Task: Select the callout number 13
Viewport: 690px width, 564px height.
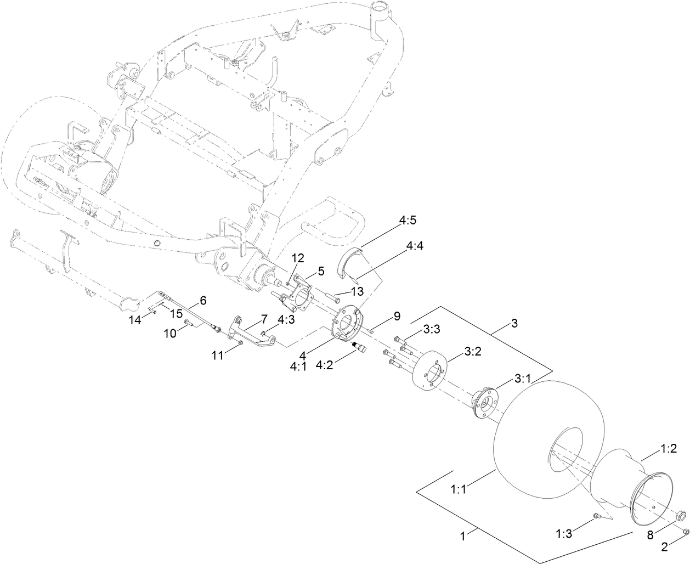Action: (358, 290)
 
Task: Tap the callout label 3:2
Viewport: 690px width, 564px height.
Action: (473, 352)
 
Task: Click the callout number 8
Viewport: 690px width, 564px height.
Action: (651, 535)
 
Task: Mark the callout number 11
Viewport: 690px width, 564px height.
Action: (218, 356)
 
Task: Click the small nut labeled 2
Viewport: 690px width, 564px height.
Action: (686, 531)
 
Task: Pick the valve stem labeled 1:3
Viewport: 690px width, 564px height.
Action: (597, 515)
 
